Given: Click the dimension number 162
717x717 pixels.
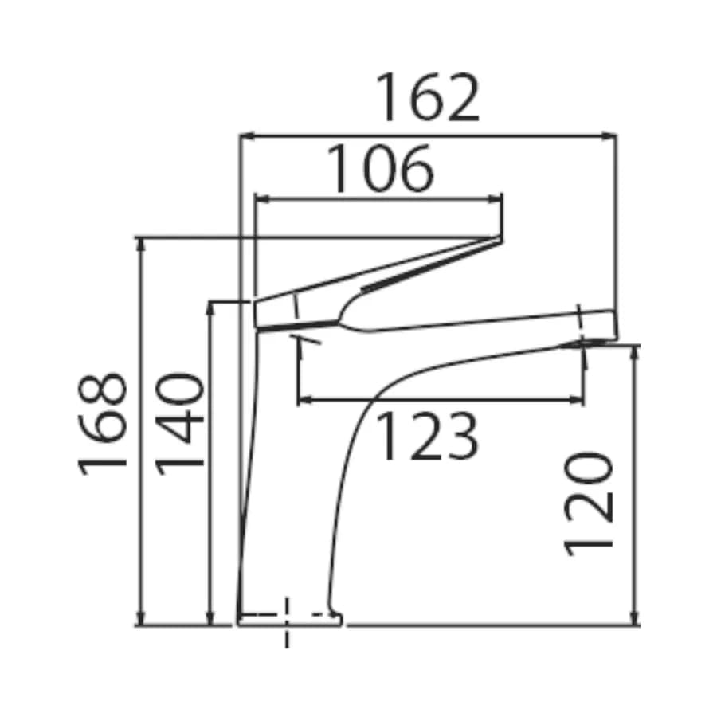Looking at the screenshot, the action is pos(428,97).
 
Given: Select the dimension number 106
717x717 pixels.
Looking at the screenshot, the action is pos(380,169).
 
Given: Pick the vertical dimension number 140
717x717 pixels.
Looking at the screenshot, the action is pos(180,424).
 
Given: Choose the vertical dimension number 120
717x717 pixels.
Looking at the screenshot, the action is pos(588,504).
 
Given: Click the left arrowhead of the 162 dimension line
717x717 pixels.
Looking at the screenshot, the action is pos(246,135).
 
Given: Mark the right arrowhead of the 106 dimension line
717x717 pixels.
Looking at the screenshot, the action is pos(496,199).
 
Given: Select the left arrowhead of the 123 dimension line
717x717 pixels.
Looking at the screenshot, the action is pos(304,400).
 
